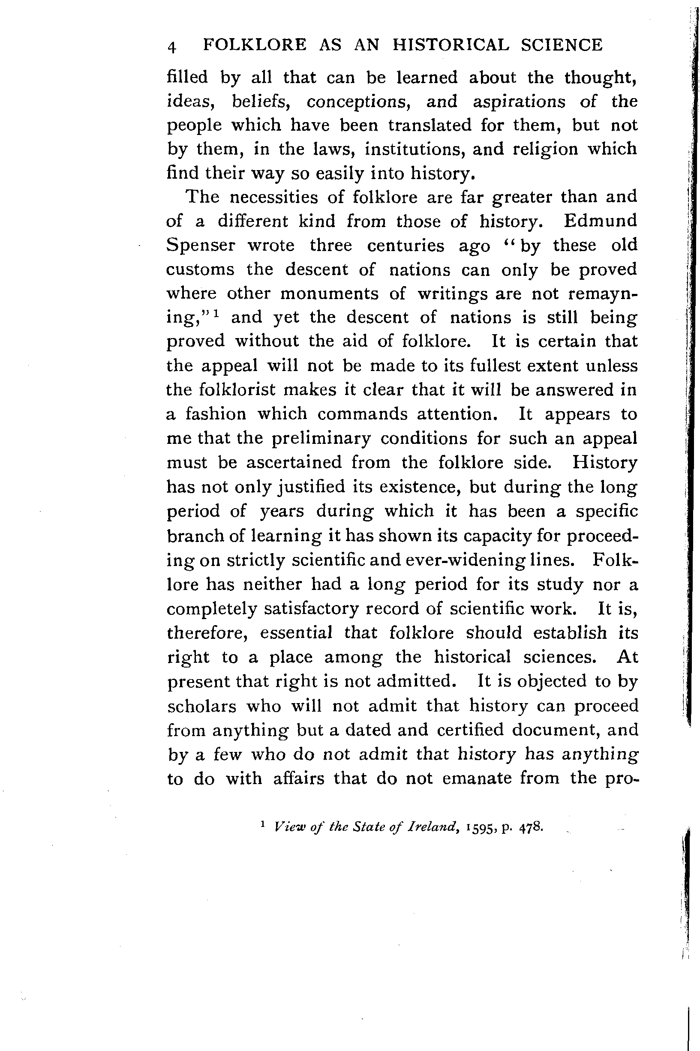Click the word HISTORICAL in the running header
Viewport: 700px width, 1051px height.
pyautogui.click(x=451, y=45)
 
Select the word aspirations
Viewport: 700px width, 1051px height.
pyautogui.click(x=519, y=102)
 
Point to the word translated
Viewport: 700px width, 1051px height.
pyautogui.click(x=430, y=126)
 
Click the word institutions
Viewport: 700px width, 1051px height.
pyautogui.click(x=415, y=149)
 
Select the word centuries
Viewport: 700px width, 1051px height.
pyautogui.click(x=406, y=246)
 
